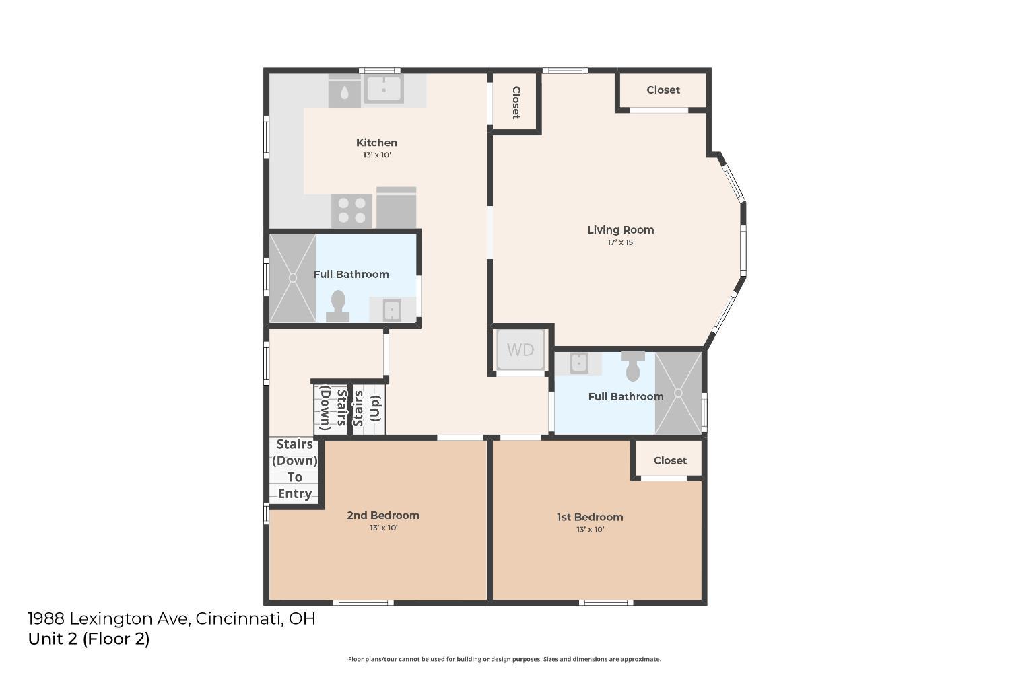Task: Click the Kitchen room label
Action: pos(376,143)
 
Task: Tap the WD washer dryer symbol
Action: pos(520,350)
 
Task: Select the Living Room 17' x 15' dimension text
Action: pos(621,242)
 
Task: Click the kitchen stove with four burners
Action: pos(351,211)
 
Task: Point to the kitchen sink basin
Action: pos(384,89)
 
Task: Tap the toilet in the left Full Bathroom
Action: pos(338,306)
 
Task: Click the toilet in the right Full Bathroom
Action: pos(633,366)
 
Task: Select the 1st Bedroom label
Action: pos(590,517)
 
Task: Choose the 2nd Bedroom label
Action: pos(383,516)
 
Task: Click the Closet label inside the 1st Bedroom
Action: pos(670,461)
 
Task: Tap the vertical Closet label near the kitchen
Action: pos(516,103)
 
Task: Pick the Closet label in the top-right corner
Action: pos(663,90)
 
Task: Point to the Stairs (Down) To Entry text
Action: pos(294,469)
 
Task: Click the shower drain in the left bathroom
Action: pos(293,278)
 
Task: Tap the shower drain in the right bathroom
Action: pos(678,394)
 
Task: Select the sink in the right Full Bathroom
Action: pos(579,363)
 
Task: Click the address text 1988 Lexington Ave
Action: pos(107,619)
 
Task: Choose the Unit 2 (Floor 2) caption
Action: pos(88,639)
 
